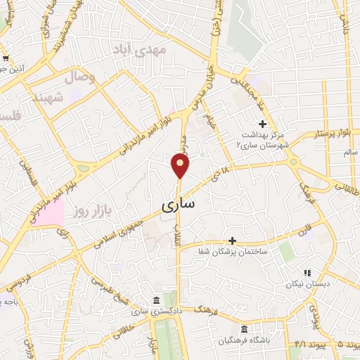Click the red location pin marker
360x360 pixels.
click(180, 166)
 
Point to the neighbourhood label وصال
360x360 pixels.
click(80, 77)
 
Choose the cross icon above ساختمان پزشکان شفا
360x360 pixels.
click(232, 240)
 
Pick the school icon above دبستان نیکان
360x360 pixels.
click(307, 273)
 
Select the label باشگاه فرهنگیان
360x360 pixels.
click(245, 341)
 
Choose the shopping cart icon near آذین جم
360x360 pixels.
click(6, 58)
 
